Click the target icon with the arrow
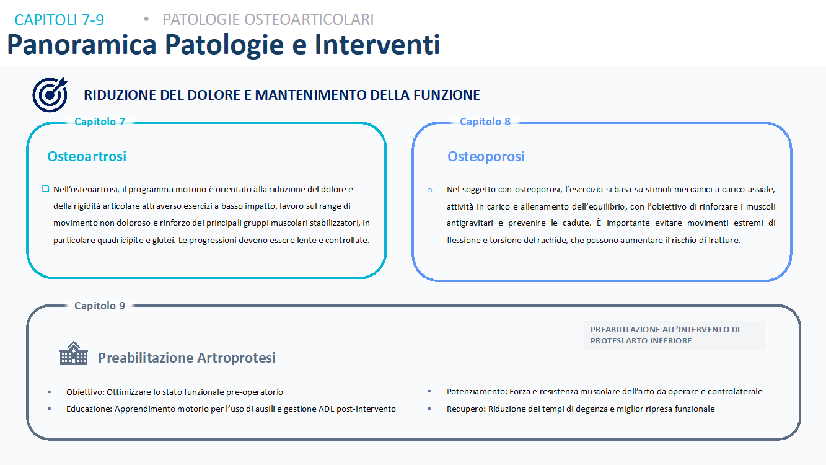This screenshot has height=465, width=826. click(50, 94)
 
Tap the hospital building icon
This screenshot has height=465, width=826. click(74, 353)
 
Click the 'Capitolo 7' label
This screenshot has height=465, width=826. click(100, 122)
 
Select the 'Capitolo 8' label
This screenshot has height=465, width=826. click(485, 122)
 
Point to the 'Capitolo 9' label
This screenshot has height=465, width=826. click(100, 306)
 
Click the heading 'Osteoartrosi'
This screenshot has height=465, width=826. click(87, 156)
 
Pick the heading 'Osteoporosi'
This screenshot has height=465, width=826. click(486, 156)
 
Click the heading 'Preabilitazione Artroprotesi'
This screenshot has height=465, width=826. click(187, 358)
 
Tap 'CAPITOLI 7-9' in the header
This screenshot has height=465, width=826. click(59, 20)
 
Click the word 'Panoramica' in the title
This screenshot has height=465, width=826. click(82, 45)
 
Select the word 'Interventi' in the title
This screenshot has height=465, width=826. click(377, 45)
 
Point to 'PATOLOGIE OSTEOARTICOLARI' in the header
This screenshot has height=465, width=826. click(268, 20)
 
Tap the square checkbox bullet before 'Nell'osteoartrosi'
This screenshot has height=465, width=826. click(45, 189)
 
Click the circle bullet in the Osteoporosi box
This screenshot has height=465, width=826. click(429, 190)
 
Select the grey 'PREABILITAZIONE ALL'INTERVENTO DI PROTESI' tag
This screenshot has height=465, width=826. click(674, 335)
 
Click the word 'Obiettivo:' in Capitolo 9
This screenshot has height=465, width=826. click(85, 392)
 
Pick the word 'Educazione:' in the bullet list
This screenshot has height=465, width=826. click(89, 409)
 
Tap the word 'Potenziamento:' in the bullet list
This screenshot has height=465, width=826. click(477, 392)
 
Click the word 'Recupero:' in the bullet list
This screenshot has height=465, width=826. click(466, 409)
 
